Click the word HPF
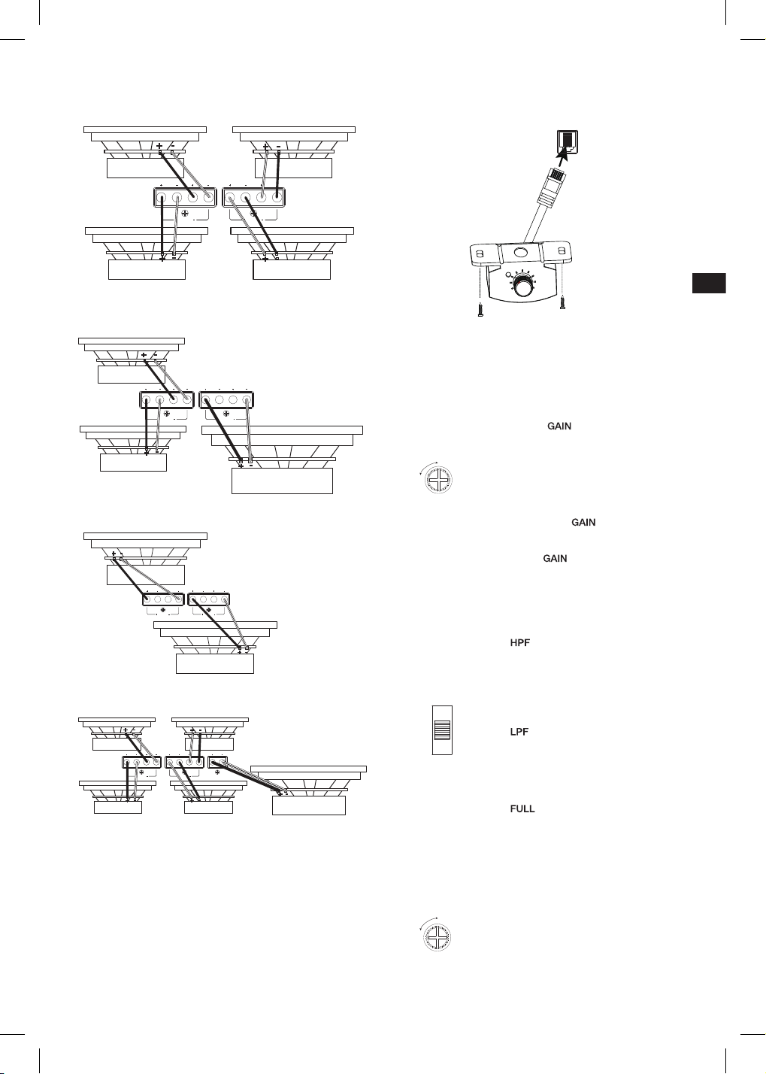(519, 643)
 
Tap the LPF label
(519, 732)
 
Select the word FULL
(522, 809)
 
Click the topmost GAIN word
(559, 426)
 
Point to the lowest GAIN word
(555, 559)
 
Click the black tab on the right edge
(709, 283)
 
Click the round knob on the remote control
(523, 288)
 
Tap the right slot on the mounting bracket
(562, 250)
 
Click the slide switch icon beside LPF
(442, 730)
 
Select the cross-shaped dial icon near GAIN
(438, 480)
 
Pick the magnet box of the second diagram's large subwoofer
(282, 481)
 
